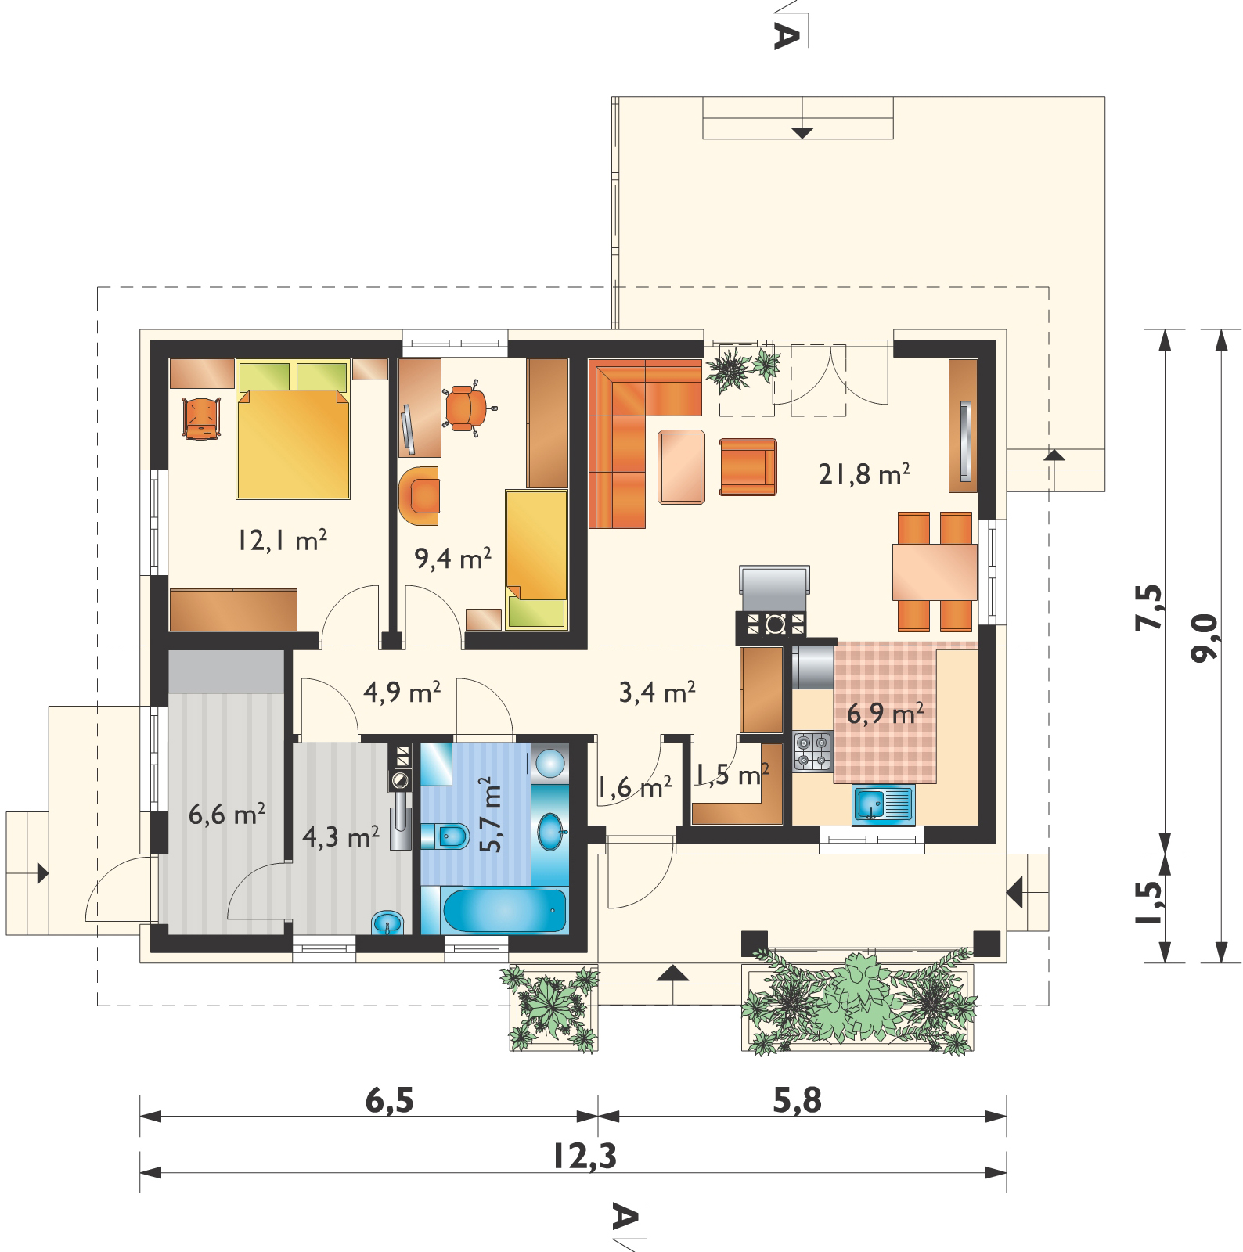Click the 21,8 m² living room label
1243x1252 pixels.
[x=864, y=473]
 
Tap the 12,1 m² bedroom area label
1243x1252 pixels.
[x=283, y=540]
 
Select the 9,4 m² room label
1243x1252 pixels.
[x=452, y=558]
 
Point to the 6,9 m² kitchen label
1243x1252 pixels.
[x=885, y=713]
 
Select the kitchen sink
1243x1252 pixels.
[x=884, y=804]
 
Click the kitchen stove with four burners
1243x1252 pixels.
[x=812, y=750]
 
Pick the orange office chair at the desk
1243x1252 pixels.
[x=467, y=406]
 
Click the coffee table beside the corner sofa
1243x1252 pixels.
[x=681, y=467]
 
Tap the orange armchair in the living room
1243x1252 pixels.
[x=748, y=467]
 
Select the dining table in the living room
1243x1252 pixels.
[x=935, y=572]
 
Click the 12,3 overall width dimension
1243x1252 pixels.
[x=585, y=1156]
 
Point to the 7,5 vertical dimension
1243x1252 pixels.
[x=1149, y=607]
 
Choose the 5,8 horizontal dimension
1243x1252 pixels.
[x=798, y=1100]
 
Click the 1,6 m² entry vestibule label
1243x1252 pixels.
[x=634, y=787]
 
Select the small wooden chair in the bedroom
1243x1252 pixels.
[x=202, y=419]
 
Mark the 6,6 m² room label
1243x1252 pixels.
[x=227, y=814]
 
